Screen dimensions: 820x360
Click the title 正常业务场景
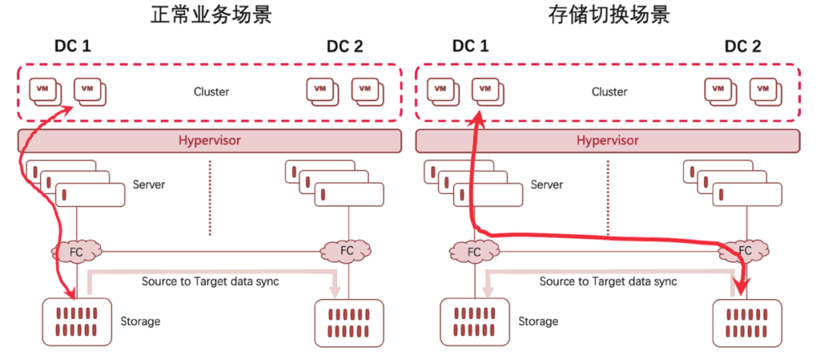(x=211, y=15)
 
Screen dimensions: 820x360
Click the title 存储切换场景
(x=609, y=15)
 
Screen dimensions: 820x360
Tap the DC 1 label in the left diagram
(x=73, y=46)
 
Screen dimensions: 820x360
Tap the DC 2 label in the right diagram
(x=743, y=46)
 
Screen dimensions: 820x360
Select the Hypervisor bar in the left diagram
(x=210, y=141)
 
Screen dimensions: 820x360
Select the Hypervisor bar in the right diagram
(x=607, y=141)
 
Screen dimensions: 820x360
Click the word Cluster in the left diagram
(x=211, y=92)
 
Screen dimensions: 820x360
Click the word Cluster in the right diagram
(x=609, y=92)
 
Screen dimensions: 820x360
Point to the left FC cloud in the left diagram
(x=77, y=251)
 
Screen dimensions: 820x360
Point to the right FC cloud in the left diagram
(x=347, y=251)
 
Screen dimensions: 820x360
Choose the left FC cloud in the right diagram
(x=475, y=251)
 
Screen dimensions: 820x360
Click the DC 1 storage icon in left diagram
(x=77, y=322)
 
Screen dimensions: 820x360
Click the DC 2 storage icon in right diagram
(x=747, y=323)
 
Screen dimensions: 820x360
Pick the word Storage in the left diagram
(x=140, y=321)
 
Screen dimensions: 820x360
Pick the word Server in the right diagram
(x=547, y=185)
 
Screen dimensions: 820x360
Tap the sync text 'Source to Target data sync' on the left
(x=210, y=281)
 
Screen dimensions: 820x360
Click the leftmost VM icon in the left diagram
(x=46, y=90)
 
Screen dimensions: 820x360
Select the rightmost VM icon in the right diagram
(x=767, y=90)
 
